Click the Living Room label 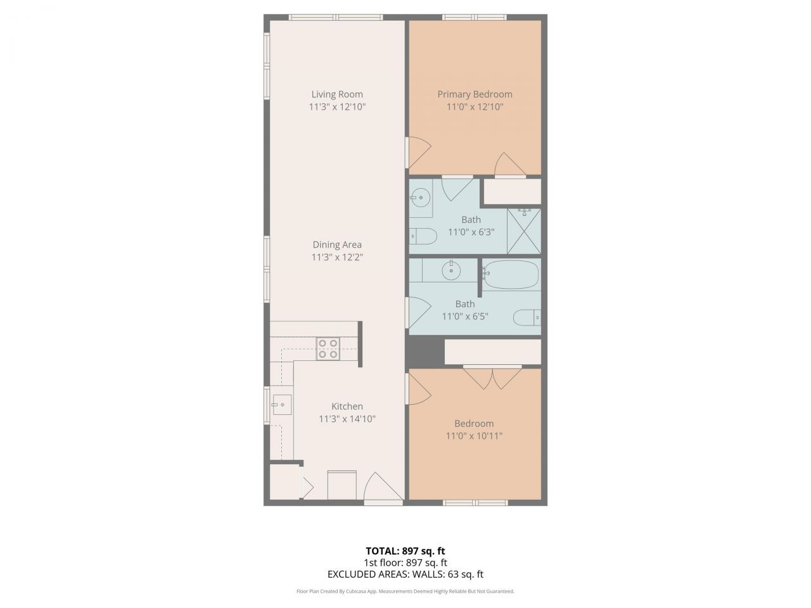click(x=336, y=94)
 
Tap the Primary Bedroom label click(x=475, y=94)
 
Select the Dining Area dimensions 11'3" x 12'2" click(x=336, y=257)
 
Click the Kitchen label click(x=347, y=407)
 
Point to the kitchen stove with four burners click(x=328, y=349)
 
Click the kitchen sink click(x=282, y=404)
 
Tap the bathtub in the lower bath click(x=511, y=274)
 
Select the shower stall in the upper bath click(x=524, y=231)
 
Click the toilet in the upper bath click(x=423, y=236)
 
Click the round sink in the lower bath click(x=451, y=271)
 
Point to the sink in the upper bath click(x=419, y=198)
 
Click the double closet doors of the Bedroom click(x=492, y=377)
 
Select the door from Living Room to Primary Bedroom click(x=418, y=153)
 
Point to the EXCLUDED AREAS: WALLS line click(x=405, y=574)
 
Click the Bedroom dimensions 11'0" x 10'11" click(x=474, y=436)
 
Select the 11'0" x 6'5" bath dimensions click(x=464, y=316)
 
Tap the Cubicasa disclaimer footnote click(x=405, y=592)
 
